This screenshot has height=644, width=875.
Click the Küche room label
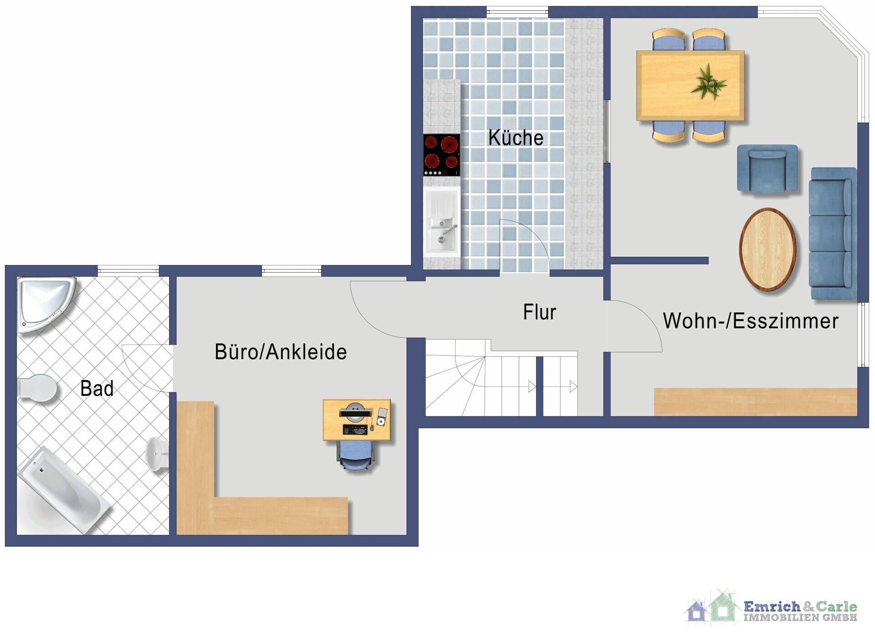[516, 138]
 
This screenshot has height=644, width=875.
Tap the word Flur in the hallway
[540, 312]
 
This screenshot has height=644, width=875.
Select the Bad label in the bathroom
[97, 389]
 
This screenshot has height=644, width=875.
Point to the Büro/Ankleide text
[281, 352]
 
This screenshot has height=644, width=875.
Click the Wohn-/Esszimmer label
[751, 321]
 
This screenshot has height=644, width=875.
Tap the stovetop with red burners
[441, 155]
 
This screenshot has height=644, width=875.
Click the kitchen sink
[441, 222]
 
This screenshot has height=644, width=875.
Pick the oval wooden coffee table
[767, 249]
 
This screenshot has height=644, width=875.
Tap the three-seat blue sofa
[833, 234]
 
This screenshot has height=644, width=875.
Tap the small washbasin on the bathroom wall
[157, 454]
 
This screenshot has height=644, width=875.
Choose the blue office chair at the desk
[356, 456]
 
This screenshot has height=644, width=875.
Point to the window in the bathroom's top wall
[128, 271]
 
